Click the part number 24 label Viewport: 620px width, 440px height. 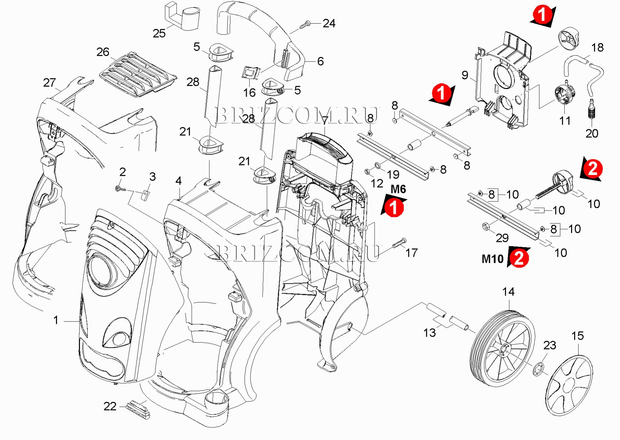[329, 23]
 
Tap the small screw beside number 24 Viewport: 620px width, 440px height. [305, 24]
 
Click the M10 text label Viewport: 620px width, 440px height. [493, 259]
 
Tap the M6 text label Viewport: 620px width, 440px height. [398, 189]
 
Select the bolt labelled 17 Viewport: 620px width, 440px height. [399, 243]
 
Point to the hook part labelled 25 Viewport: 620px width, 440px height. [182, 17]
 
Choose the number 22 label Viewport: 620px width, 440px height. [110, 406]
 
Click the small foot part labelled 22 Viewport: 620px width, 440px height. [138, 409]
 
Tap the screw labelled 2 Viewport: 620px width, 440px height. [120, 189]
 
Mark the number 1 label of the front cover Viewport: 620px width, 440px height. [56, 320]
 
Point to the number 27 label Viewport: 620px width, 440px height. [49, 83]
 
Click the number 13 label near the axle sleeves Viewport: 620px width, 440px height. [429, 333]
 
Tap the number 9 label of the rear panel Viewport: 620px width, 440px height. [465, 75]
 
